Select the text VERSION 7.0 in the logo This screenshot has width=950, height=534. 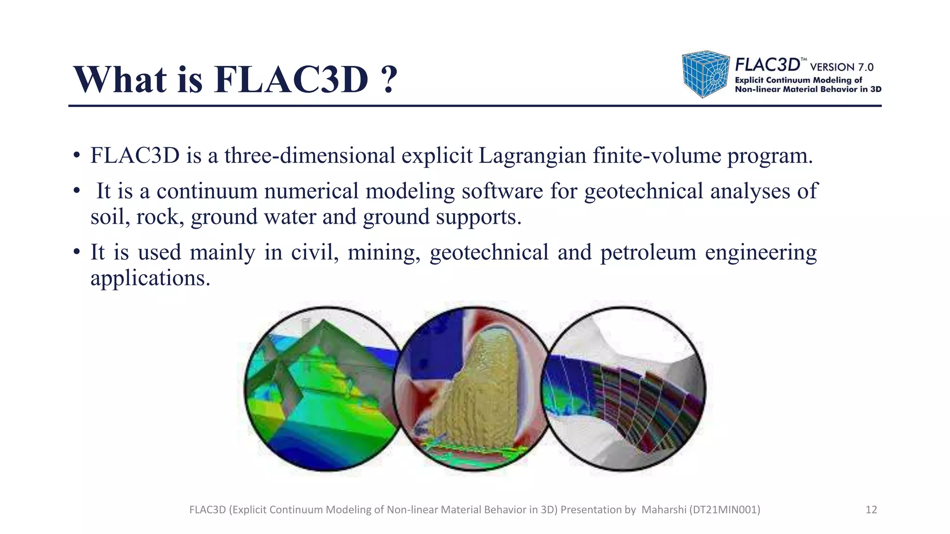(x=841, y=67)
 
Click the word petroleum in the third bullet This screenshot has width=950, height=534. (x=648, y=253)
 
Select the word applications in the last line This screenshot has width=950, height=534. (x=150, y=278)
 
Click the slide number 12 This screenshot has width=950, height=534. (x=871, y=510)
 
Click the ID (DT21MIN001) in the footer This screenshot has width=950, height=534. (x=725, y=510)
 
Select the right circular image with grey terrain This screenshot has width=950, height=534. (x=624, y=389)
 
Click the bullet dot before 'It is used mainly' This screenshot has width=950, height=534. (x=77, y=253)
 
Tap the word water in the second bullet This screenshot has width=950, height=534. (x=290, y=217)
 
